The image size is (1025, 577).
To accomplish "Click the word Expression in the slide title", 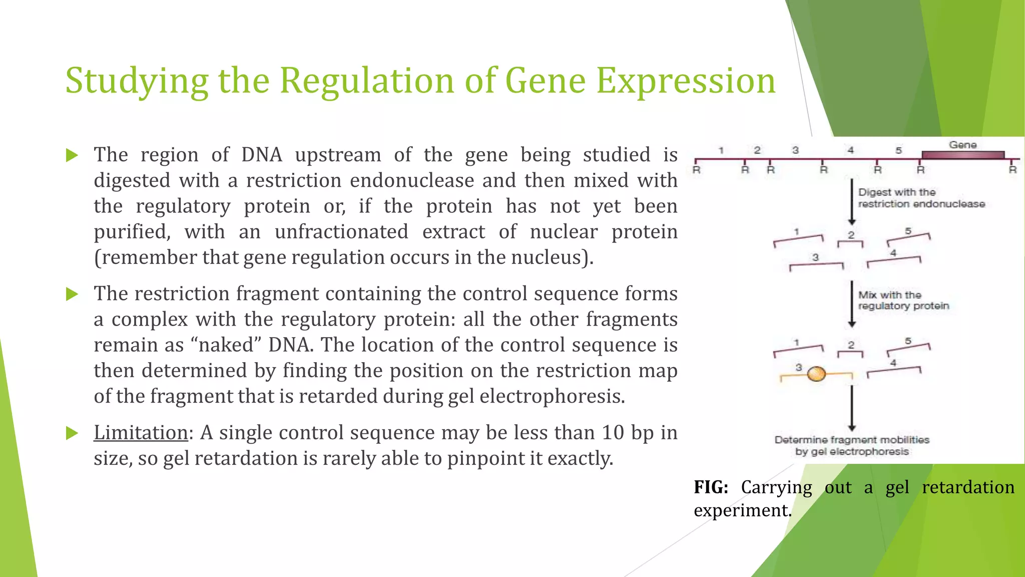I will [686, 81].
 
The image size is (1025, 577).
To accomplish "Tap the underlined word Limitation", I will [141, 433].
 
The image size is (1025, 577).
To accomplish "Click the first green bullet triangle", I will [72, 155].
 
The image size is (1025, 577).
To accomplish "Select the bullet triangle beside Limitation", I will [72, 433].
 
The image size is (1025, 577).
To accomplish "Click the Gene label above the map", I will [962, 145].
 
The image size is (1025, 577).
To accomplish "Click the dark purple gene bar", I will [962, 155].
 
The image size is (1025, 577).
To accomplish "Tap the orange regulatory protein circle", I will [816, 374].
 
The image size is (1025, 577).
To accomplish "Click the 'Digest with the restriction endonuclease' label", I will [921, 198].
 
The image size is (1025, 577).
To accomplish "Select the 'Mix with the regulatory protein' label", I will [903, 301].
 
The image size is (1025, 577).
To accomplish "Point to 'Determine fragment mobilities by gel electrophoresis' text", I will [852, 446].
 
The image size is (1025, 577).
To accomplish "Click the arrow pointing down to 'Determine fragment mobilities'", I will [852, 408].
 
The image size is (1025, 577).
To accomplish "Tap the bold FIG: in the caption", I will [711, 487].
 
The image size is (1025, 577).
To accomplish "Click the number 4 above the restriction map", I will [850, 150].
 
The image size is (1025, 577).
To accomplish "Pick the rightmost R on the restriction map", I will [1012, 170].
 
